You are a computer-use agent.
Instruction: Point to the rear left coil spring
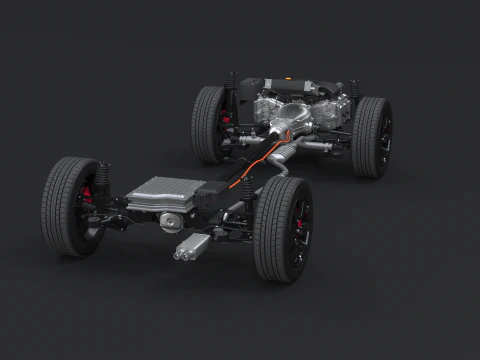[x=103, y=176]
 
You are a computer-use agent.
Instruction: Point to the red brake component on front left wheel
[x=226, y=119]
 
